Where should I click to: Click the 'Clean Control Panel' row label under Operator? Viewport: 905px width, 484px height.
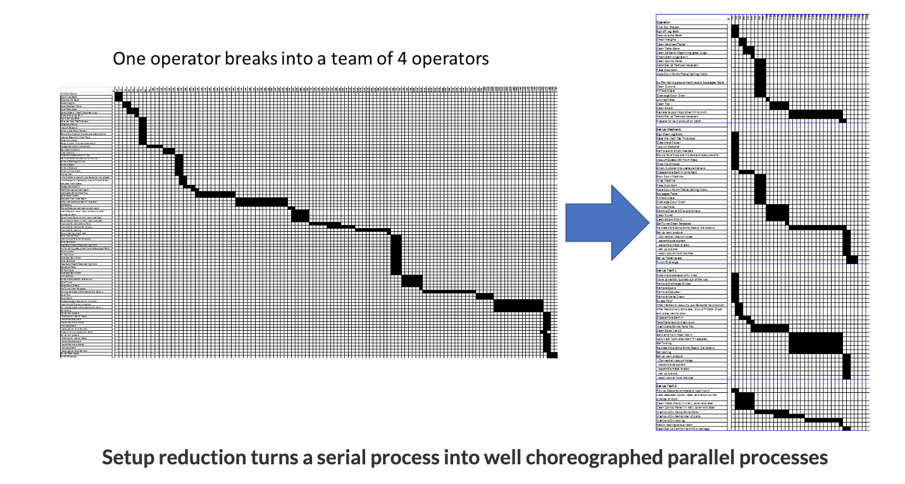[x=673, y=60]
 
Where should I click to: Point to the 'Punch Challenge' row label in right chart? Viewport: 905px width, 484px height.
[x=671, y=262]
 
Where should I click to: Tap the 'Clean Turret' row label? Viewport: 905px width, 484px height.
[x=668, y=215]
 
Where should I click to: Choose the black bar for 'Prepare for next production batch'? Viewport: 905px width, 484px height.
[x=842, y=120]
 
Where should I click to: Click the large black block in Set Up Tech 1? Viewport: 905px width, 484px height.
[x=815, y=342]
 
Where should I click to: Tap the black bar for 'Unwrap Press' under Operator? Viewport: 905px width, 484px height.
[x=768, y=99]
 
